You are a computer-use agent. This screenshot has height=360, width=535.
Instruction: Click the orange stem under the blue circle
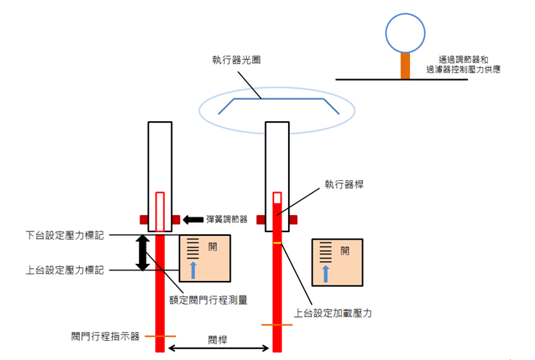pyautogui.click(x=406, y=66)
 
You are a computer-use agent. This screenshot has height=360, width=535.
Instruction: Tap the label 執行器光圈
pyautogui.click(x=236, y=60)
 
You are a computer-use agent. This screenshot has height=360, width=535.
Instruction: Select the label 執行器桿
pyautogui.click(x=344, y=185)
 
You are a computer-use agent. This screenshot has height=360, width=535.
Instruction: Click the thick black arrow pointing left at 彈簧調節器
pyautogui.click(x=193, y=220)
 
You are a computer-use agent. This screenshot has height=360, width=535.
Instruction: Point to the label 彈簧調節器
pyautogui.click(x=227, y=220)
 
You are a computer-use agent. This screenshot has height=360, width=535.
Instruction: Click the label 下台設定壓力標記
pyautogui.click(x=65, y=235)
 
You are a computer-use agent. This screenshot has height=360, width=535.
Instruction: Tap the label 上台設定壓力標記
pyautogui.click(x=65, y=271)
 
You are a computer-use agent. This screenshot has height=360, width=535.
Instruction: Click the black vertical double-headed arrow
pyautogui.click(x=143, y=253)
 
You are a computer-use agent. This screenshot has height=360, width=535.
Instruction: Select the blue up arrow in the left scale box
pyautogui.click(x=193, y=270)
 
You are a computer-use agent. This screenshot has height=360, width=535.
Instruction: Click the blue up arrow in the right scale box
pyautogui.click(x=325, y=274)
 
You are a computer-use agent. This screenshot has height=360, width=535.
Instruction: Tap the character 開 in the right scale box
pyautogui.click(x=344, y=251)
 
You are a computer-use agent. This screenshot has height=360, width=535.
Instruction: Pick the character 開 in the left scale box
pyautogui.click(x=213, y=247)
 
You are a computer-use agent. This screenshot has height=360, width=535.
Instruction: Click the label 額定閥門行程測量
pyautogui.click(x=208, y=300)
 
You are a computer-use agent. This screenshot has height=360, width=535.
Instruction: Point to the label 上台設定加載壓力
pyautogui.click(x=333, y=313)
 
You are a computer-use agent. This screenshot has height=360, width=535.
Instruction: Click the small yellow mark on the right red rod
pyautogui.click(x=277, y=243)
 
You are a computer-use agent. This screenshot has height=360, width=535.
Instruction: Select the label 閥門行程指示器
pyautogui.click(x=106, y=336)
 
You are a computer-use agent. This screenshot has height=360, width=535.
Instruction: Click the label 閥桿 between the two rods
pyautogui.click(x=218, y=340)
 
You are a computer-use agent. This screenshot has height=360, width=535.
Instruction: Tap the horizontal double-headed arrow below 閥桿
pyautogui.click(x=219, y=348)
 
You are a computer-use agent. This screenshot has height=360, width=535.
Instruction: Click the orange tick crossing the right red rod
pyautogui.click(x=277, y=325)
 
